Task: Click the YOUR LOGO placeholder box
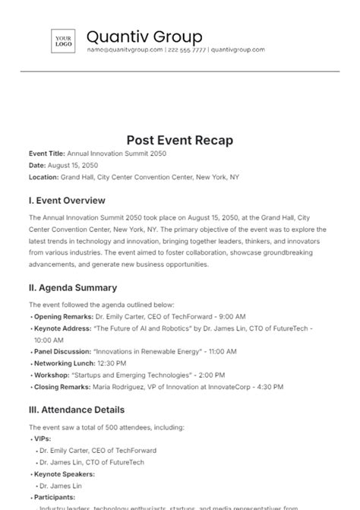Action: pos(62,41)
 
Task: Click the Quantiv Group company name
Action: pos(144,36)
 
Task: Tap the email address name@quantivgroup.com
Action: pos(125,49)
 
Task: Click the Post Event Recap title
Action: pos(179,141)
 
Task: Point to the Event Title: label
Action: pos(47,154)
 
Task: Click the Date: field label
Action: pos(37,165)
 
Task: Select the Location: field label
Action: pos(43,176)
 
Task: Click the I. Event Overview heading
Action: pos(67,201)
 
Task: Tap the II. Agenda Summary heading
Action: pos(73,287)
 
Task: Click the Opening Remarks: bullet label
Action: pos(63,315)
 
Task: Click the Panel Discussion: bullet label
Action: pos(62,352)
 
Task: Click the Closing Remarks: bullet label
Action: pos(62,387)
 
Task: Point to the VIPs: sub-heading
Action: pos(42,439)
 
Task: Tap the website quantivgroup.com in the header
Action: pos(238,49)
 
